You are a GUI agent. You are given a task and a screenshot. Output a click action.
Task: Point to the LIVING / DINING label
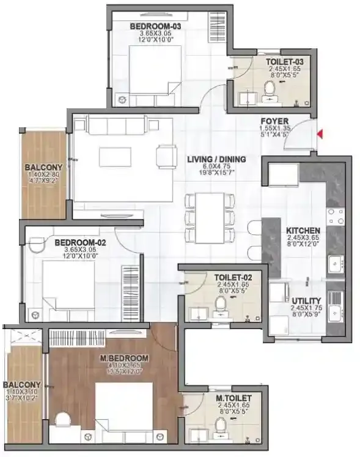pos(216,160)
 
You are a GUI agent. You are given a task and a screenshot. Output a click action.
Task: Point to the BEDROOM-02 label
pos(81,243)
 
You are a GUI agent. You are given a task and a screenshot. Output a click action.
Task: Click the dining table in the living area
pos(210,218)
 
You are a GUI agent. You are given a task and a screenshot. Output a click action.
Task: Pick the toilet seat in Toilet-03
pos(269,94)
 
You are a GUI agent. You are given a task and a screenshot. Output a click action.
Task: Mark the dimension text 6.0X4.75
pos(216,168)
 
